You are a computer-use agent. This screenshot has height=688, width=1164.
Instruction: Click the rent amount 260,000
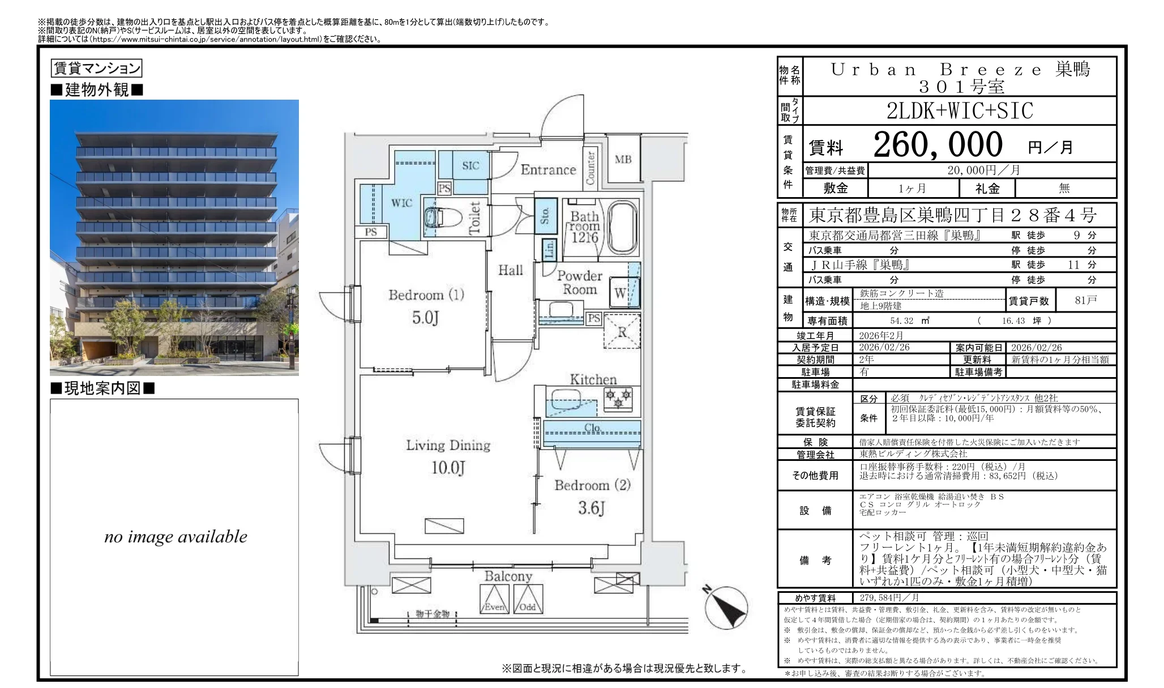(938, 145)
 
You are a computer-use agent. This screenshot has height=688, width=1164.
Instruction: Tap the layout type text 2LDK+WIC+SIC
(960, 111)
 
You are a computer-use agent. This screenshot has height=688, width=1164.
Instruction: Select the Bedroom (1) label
(426, 295)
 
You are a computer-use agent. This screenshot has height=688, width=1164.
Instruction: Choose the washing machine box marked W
(620, 293)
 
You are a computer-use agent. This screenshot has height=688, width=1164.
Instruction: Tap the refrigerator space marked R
(622, 332)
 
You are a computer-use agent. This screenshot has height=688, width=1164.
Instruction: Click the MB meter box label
(623, 160)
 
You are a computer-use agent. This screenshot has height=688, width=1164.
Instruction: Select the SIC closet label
(470, 165)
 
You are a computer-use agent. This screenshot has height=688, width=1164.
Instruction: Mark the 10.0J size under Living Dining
(448, 468)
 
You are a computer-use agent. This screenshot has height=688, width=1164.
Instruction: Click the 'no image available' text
(176, 537)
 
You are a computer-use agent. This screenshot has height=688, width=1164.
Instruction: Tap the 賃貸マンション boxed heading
(96, 69)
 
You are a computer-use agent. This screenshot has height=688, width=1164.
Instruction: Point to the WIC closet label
(401, 203)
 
